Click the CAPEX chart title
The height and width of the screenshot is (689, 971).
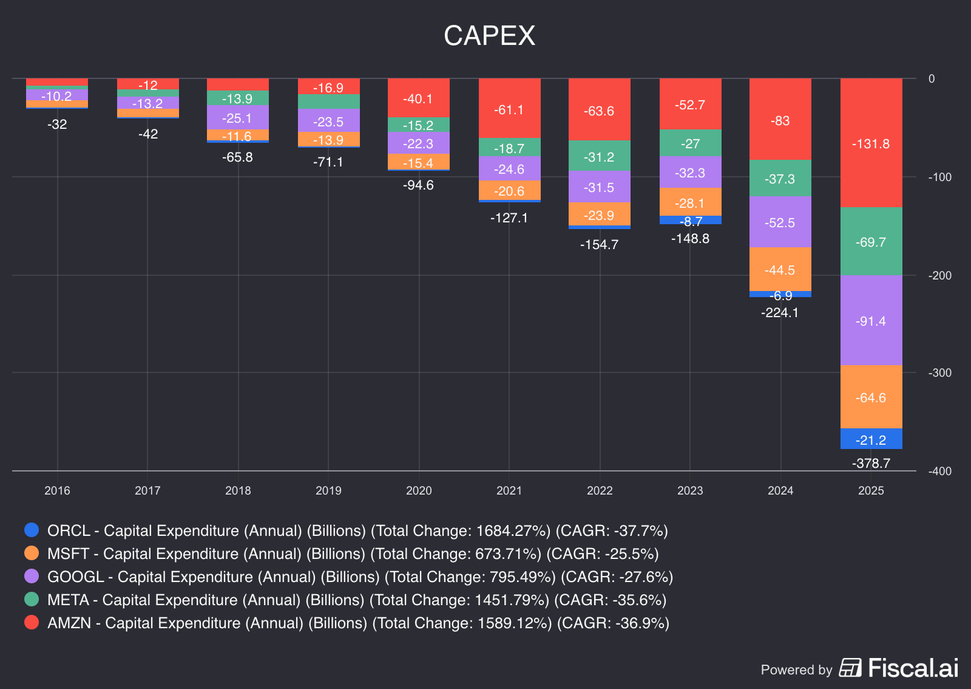489,35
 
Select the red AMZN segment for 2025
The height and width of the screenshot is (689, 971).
871,143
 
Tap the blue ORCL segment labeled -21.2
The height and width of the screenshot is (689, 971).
871,439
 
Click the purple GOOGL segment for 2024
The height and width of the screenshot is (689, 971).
780,222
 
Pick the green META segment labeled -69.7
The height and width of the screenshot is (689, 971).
871,242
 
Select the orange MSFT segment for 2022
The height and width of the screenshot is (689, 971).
599,214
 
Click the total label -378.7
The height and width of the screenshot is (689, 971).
871,464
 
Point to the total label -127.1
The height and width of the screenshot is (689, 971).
509,218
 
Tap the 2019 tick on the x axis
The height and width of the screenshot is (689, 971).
328,490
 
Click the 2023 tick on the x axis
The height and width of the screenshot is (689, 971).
690,490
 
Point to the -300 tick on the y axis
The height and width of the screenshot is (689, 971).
939,372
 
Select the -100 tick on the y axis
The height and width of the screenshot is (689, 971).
939,177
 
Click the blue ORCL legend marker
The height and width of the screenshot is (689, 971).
32,530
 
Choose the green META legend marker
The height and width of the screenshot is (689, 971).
32,599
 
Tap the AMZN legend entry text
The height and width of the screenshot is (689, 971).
358,623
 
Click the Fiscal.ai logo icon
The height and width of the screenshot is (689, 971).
850,668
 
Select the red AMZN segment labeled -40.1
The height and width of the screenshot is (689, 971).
418,98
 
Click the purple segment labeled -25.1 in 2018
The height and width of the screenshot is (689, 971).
237,118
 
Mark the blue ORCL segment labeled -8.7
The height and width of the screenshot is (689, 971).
690,221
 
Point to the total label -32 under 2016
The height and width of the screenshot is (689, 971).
57,125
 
